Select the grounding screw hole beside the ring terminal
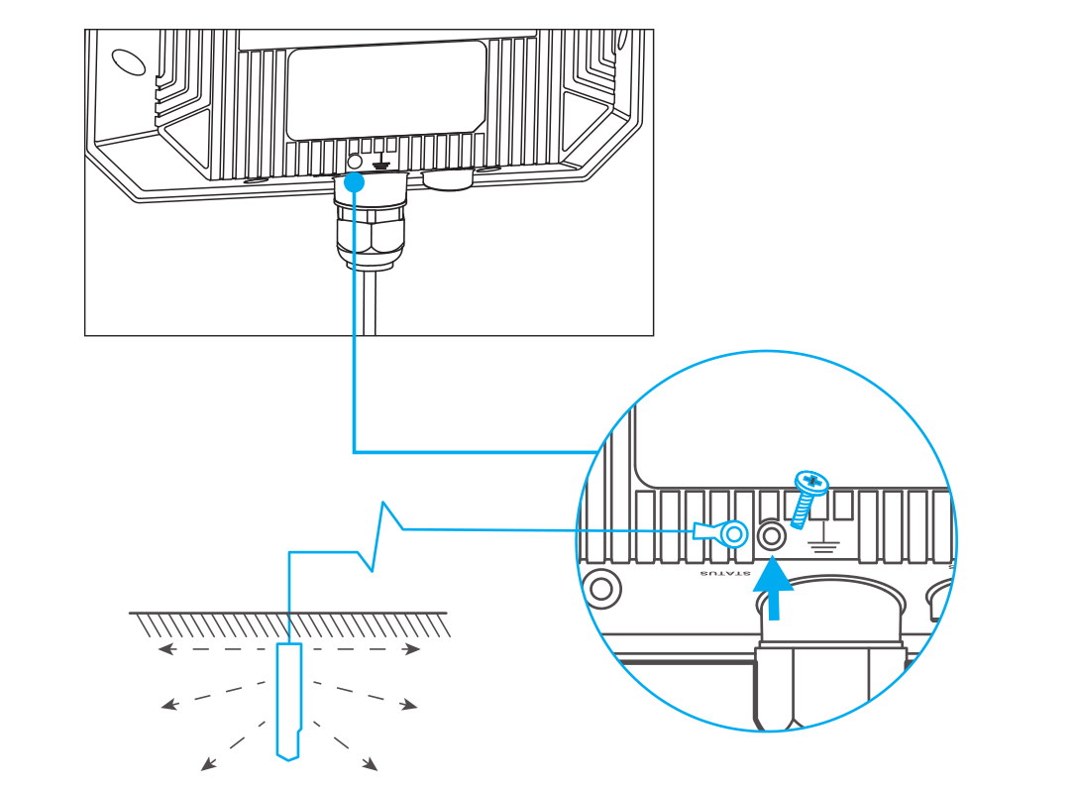coord(771,535)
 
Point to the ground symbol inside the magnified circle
coord(822,539)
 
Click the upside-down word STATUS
coord(725,573)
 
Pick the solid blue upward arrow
coord(774,589)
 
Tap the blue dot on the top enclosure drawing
coord(354,182)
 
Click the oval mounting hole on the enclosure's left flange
coord(129,61)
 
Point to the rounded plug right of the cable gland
coord(448,180)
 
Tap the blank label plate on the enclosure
coord(386,90)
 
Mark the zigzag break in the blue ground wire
coord(379,536)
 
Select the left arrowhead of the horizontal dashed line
coord(165,649)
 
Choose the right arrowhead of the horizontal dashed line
coord(412,649)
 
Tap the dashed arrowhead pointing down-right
coord(370,763)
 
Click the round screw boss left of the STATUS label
coord(601,589)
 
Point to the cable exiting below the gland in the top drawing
coord(370,302)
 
